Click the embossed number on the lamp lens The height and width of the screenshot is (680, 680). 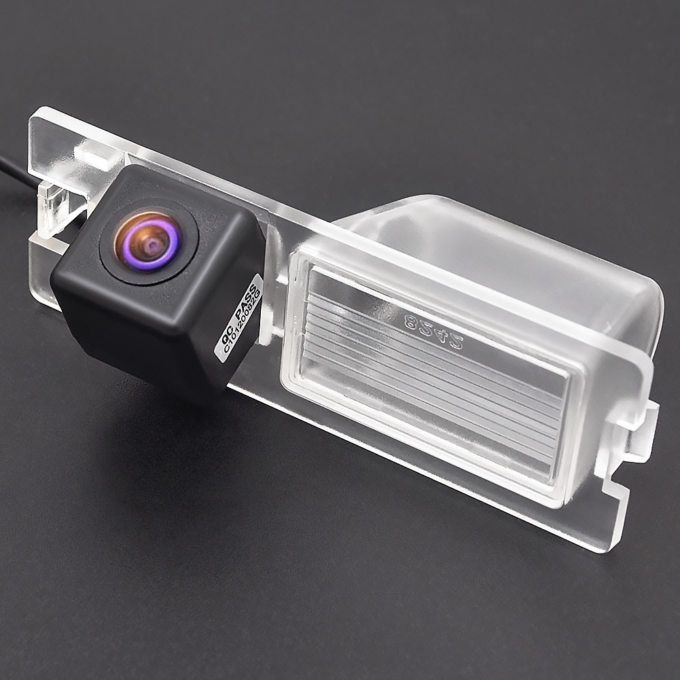tap(434, 330)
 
